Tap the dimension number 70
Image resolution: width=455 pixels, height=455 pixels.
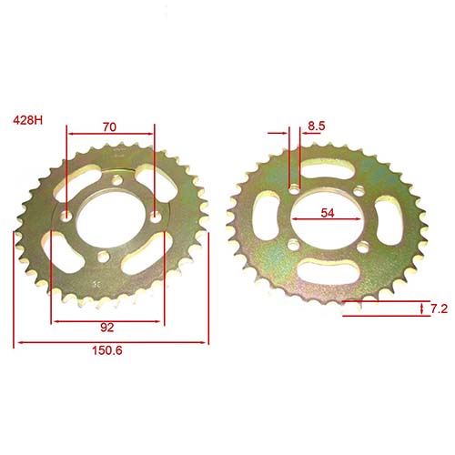tap(109, 128)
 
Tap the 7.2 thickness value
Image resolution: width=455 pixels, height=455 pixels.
tap(438, 310)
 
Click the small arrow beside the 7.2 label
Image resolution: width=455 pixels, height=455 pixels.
tap(423, 310)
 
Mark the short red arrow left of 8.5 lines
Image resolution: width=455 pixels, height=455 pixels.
tap(277, 133)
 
